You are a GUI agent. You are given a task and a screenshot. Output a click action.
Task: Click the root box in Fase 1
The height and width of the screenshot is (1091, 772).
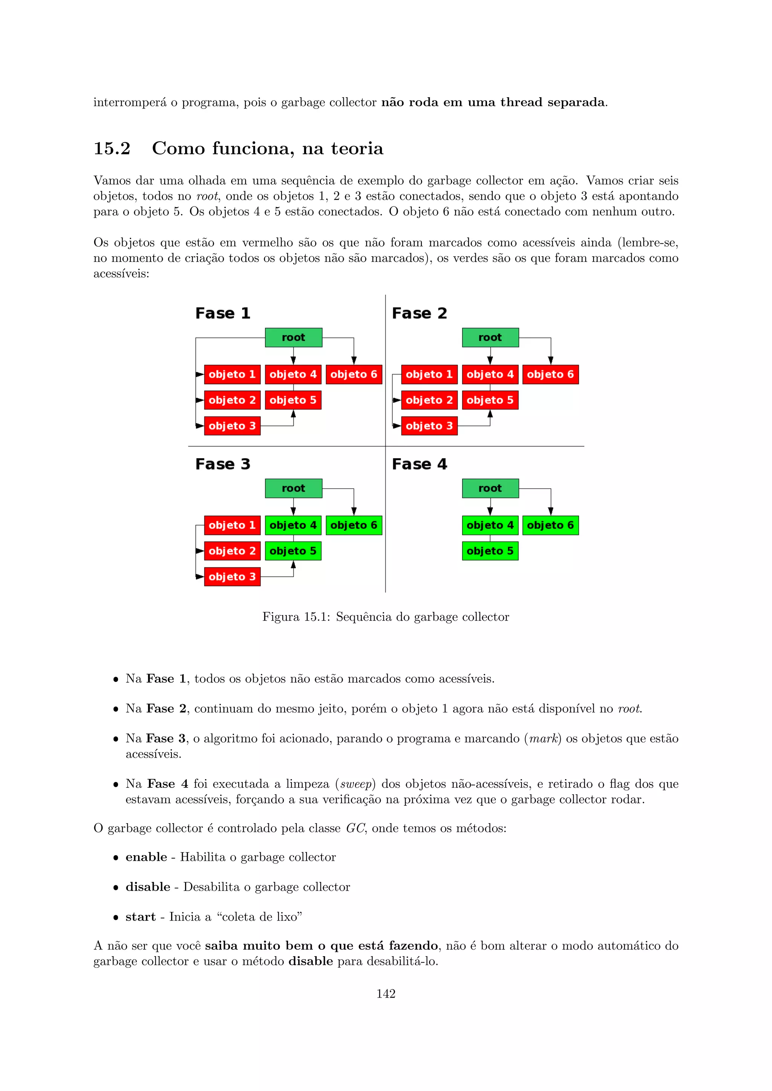coord(293,338)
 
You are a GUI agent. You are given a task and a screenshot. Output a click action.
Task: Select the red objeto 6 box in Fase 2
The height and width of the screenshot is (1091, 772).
coord(550,374)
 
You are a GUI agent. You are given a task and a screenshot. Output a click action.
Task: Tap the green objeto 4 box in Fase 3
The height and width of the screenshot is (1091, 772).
coord(293,525)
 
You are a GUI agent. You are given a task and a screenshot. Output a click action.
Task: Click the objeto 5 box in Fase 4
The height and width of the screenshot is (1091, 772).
coord(490,551)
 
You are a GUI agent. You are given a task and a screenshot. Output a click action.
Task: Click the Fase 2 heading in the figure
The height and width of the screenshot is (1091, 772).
coord(419,313)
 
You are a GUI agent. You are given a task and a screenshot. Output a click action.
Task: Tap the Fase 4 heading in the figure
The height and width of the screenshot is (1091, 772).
coord(419,464)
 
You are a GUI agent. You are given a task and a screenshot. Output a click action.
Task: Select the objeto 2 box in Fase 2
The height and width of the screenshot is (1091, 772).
coord(429,400)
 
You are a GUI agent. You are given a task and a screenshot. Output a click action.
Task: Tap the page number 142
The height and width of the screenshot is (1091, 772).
coord(386,993)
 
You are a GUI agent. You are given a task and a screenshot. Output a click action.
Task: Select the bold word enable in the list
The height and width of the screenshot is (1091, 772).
coord(146,857)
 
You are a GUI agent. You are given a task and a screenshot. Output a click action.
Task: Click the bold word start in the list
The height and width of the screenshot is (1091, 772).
coord(140,917)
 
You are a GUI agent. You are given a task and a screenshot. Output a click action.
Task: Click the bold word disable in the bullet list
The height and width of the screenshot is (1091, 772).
coord(148,887)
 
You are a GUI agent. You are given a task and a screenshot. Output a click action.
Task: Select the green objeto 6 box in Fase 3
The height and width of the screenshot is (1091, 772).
coord(354,525)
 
